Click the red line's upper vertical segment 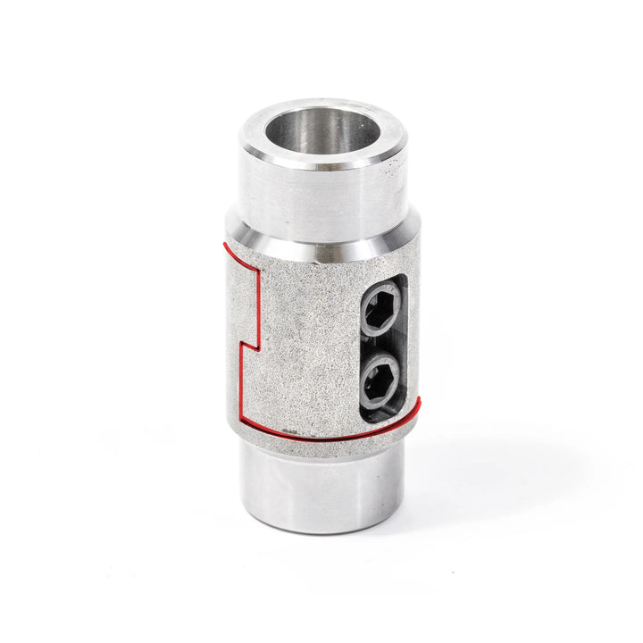pos(258,304)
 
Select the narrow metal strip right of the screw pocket pos(413,339)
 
